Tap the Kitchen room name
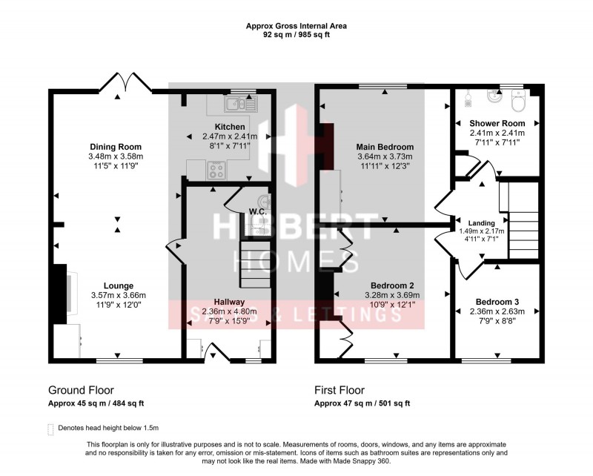229,127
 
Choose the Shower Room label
497,123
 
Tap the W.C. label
257,211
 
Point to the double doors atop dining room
121,82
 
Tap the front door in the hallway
216,351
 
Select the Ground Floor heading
81,390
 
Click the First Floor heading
339,390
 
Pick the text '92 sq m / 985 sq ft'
296,35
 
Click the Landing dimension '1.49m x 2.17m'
481,231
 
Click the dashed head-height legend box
50,429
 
